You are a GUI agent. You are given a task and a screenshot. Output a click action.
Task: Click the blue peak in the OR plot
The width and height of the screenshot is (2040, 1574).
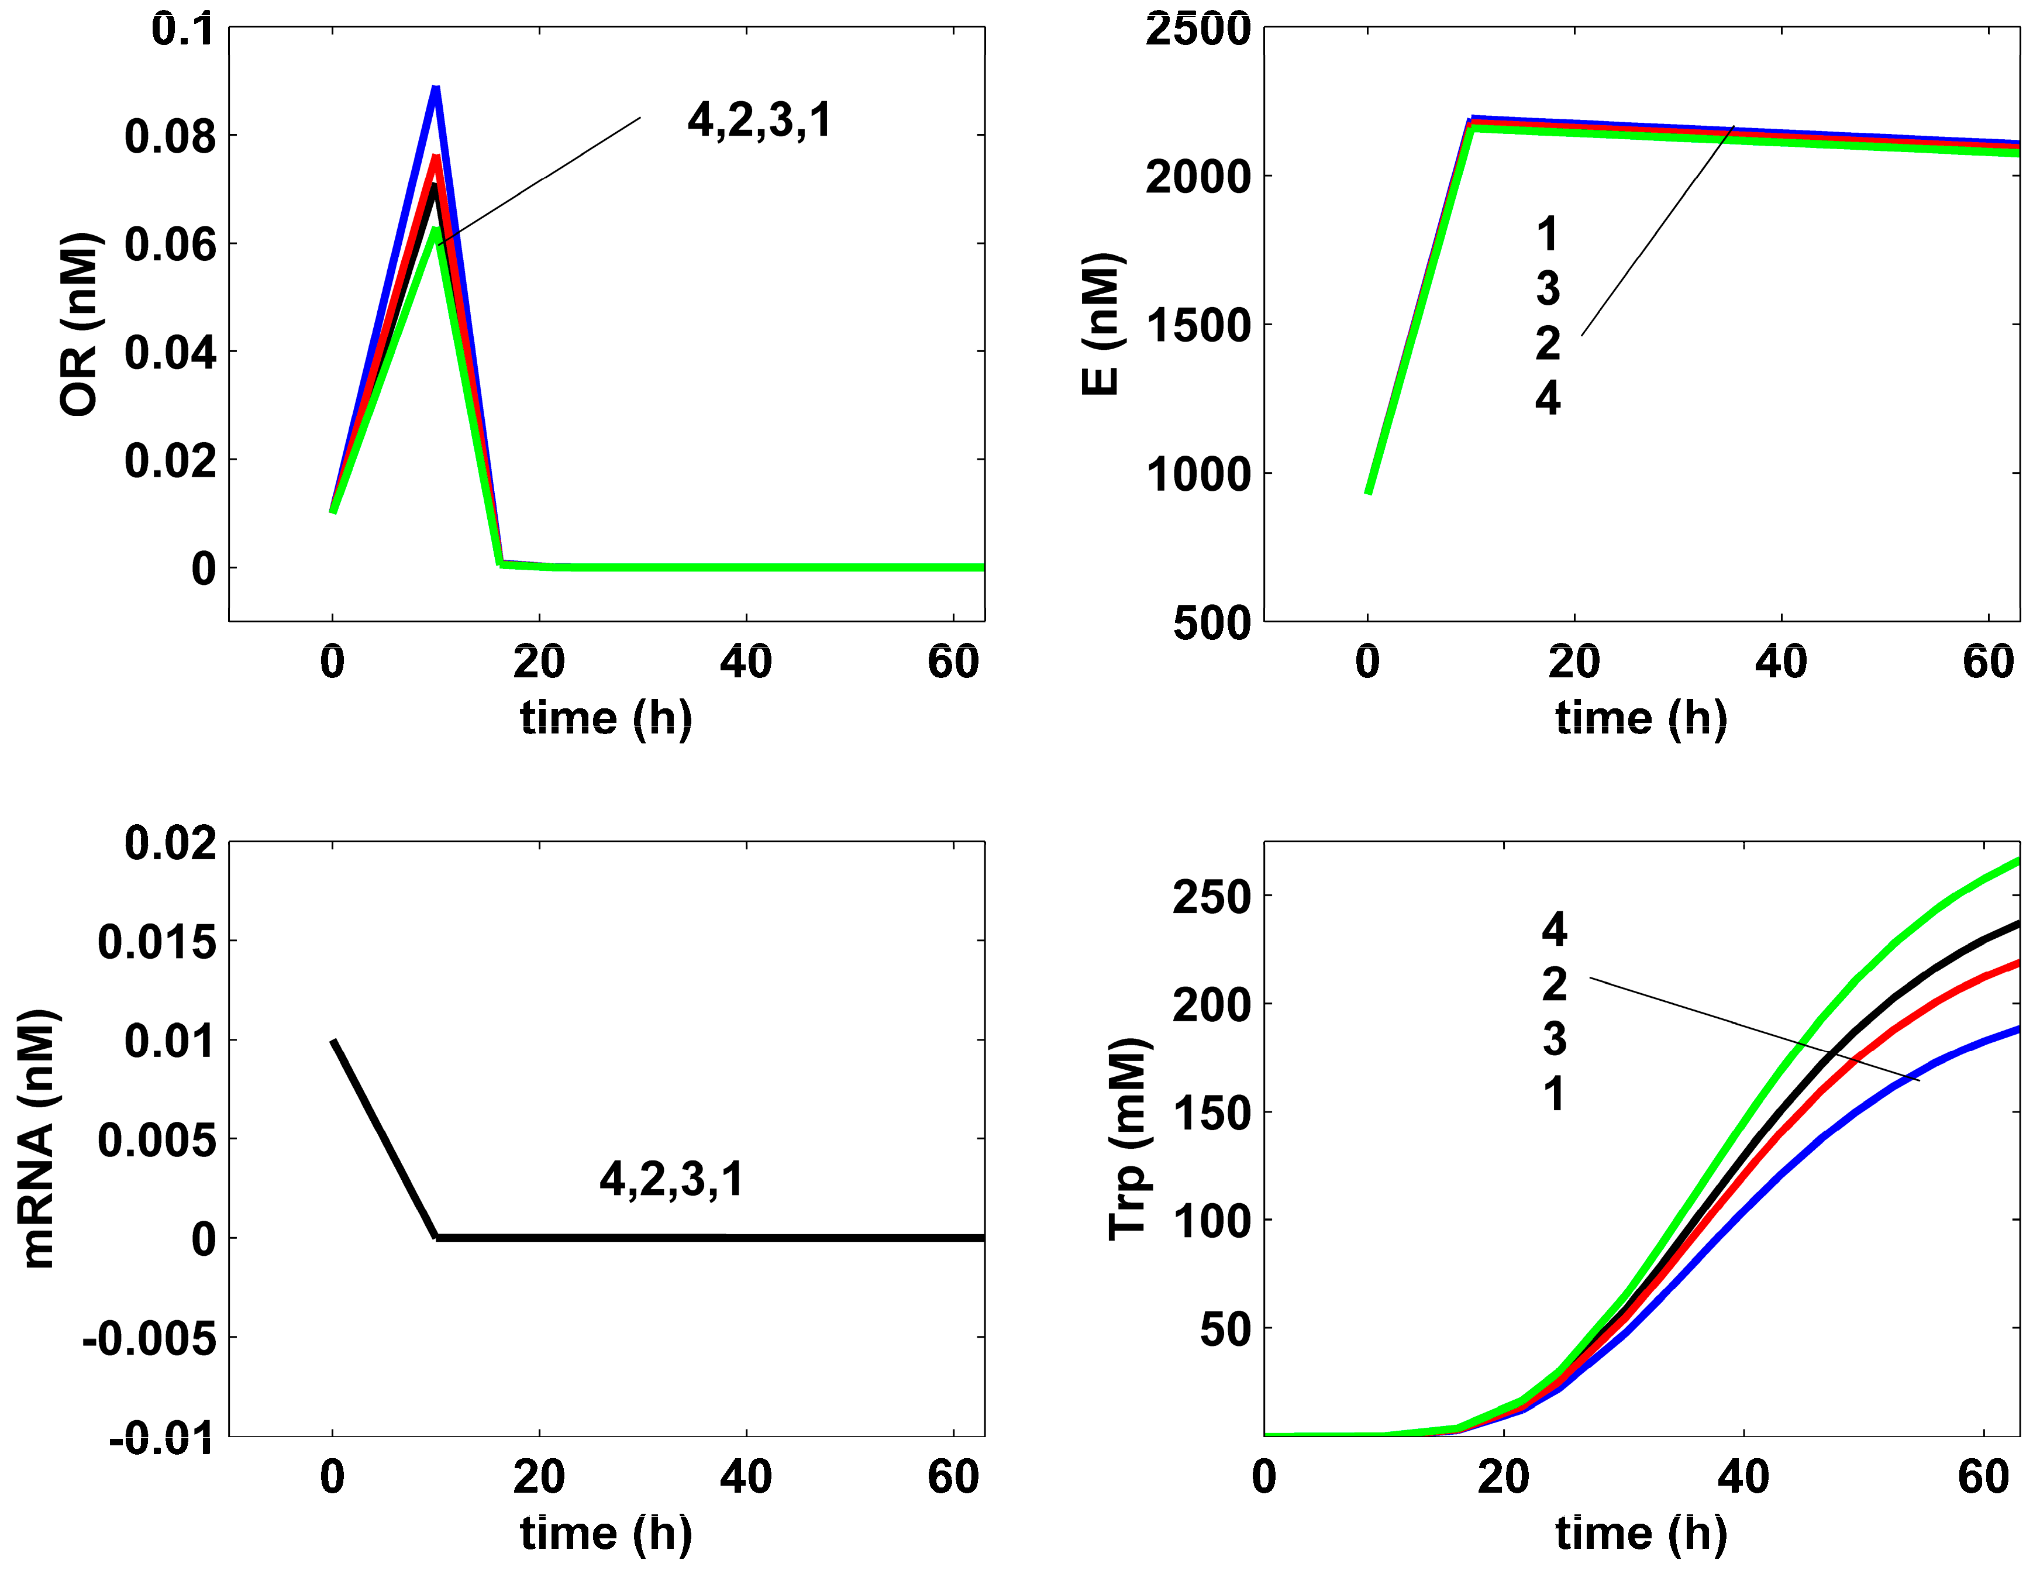pos(435,89)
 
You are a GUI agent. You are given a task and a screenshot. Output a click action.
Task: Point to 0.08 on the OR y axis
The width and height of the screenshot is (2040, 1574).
pos(170,136)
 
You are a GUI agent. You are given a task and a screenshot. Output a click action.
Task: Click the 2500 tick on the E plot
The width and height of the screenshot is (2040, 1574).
pos(1197,29)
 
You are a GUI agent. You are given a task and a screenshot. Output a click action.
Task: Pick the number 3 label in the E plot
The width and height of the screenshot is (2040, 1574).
pos(1548,288)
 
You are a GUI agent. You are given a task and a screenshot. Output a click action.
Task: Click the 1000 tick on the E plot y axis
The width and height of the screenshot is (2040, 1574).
pos(1197,474)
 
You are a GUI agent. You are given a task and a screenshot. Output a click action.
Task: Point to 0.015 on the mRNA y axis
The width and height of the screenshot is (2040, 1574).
pos(157,942)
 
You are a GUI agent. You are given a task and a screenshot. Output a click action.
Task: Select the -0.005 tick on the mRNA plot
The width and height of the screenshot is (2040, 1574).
pos(150,1339)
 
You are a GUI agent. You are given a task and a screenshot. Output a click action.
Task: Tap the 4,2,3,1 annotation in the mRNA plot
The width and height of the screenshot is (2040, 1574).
pos(671,1179)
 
